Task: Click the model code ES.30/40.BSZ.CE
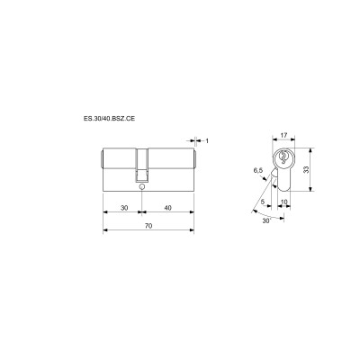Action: click(110, 119)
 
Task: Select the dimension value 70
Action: click(148, 226)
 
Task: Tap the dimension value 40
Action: click(168, 208)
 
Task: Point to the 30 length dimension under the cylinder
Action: click(124, 208)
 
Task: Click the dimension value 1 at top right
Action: click(207, 140)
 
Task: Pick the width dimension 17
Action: click(283, 135)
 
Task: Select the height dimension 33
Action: click(306, 170)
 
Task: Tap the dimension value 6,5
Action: click(257, 171)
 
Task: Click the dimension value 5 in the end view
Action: click(263, 202)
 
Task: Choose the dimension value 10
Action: click(283, 202)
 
